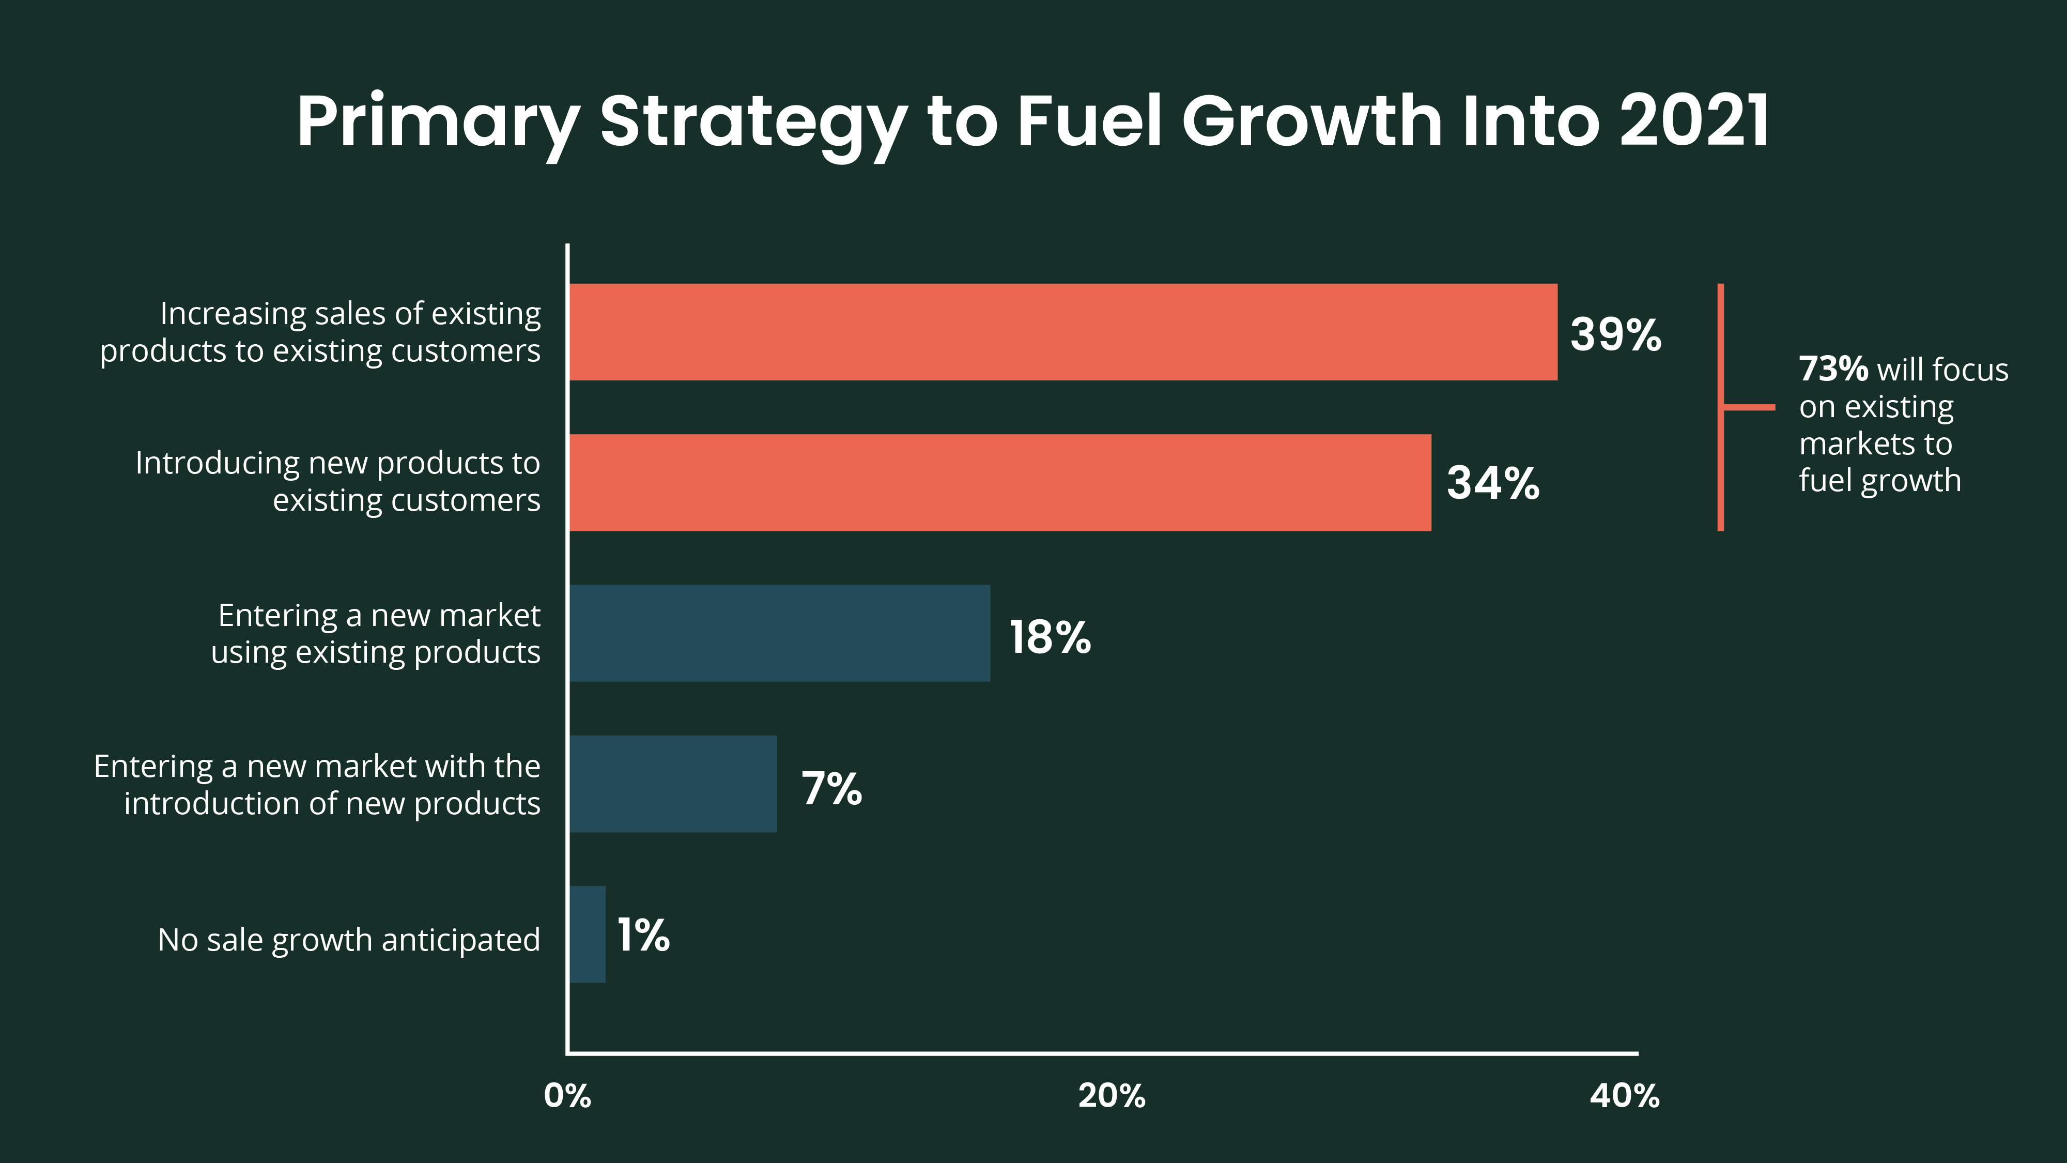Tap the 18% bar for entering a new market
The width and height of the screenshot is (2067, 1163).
(779, 633)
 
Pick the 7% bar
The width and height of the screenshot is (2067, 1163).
(673, 784)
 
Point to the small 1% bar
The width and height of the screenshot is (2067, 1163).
(588, 934)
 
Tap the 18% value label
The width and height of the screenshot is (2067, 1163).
(1050, 637)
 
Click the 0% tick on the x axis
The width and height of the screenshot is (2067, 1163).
(567, 1096)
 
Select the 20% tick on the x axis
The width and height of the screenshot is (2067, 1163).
(1112, 1096)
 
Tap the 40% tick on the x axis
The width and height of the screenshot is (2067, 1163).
(1624, 1096)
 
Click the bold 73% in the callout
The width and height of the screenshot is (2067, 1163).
(1833, 369)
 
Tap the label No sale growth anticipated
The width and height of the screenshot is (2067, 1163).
(349, 940)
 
